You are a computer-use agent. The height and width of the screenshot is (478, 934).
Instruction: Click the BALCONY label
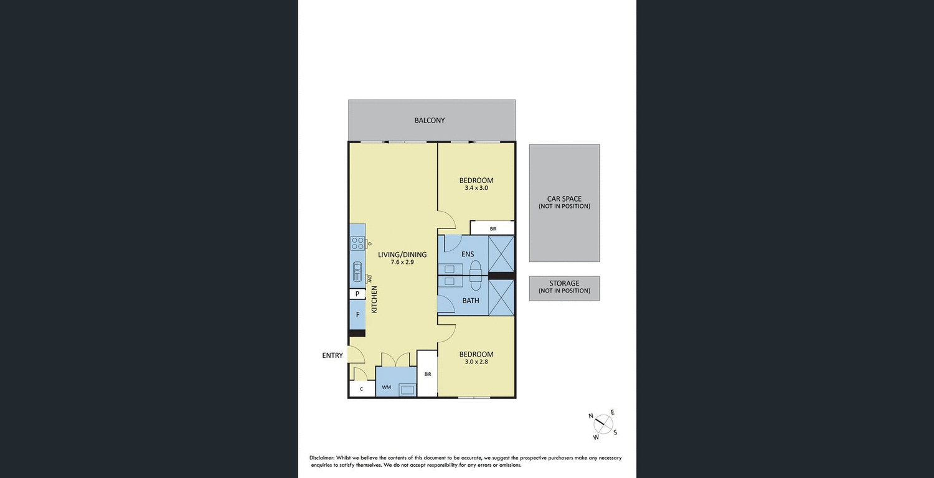click(x=430, y=120)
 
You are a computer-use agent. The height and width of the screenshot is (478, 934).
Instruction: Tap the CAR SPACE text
click(x=564, y=199)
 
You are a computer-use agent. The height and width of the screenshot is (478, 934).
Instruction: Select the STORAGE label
click(x=564, y=283)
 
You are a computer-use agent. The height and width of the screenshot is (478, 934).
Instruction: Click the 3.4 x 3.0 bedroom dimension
click(x=476, y=187)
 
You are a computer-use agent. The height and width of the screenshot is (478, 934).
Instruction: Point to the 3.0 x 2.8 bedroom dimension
click(x=476, y=361)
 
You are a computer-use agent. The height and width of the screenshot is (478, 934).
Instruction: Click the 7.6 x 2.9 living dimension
click(x=402, y=262)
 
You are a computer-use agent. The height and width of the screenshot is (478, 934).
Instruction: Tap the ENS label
click(x=468, y=254)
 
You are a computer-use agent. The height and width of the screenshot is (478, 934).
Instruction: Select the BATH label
click(x=471, y=301)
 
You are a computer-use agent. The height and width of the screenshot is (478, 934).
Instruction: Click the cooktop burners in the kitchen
click(x=357, y=243)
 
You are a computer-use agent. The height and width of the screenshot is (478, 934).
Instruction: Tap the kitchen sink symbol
click(x=357, y=272)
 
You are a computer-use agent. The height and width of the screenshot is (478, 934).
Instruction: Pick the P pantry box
click(x=357, y=294)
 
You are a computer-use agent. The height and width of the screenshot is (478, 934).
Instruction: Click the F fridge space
click(x=357, y=315)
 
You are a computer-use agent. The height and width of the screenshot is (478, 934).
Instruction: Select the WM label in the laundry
click(x=386, y=388)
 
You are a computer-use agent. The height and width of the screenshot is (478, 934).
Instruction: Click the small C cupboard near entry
click(x=361, y=389)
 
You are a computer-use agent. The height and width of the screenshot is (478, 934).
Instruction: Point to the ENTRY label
click(x=333, y=355)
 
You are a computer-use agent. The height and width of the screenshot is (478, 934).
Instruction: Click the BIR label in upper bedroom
click(x=493, y=229)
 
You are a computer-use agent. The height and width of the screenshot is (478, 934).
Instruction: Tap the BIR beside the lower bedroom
click(x=428, y=374)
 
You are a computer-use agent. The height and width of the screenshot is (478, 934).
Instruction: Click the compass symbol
click(x=602, y=424)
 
